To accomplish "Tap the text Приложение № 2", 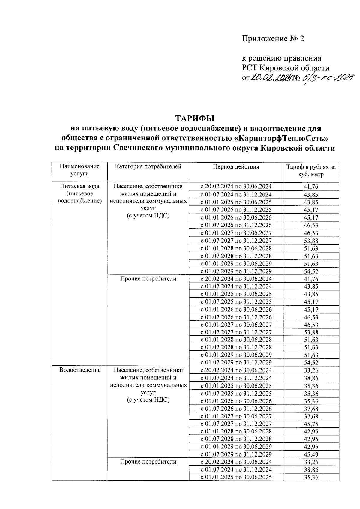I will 273,39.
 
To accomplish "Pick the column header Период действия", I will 236,167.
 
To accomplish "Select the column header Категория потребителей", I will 148,167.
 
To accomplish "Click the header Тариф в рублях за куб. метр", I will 311,171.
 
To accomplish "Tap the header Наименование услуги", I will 79,170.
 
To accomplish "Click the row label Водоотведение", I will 80,370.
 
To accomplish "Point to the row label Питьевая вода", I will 80,186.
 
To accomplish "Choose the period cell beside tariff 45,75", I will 236,424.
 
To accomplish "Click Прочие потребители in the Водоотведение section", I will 148,462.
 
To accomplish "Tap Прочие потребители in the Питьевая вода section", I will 148,279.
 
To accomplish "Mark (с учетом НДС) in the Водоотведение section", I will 148,400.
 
